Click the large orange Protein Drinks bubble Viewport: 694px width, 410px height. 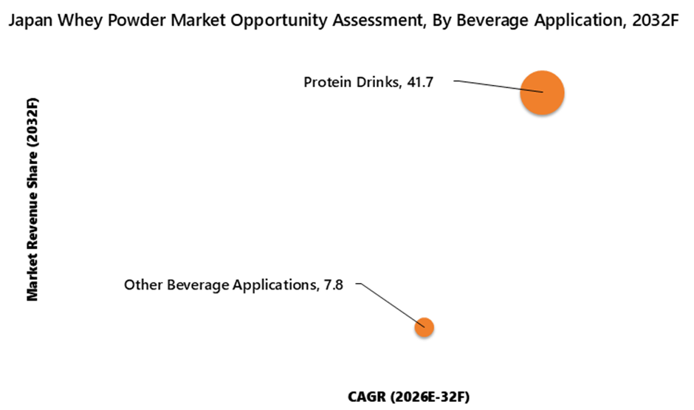542,93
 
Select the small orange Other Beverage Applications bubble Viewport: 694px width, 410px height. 424,327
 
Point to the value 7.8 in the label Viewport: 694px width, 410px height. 334,284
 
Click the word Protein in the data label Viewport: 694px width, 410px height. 326,83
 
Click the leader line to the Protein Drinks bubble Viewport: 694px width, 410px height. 495,86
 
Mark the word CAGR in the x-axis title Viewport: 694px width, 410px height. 366,397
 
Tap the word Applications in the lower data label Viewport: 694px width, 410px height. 270,284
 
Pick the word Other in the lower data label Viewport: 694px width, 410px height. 141,284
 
